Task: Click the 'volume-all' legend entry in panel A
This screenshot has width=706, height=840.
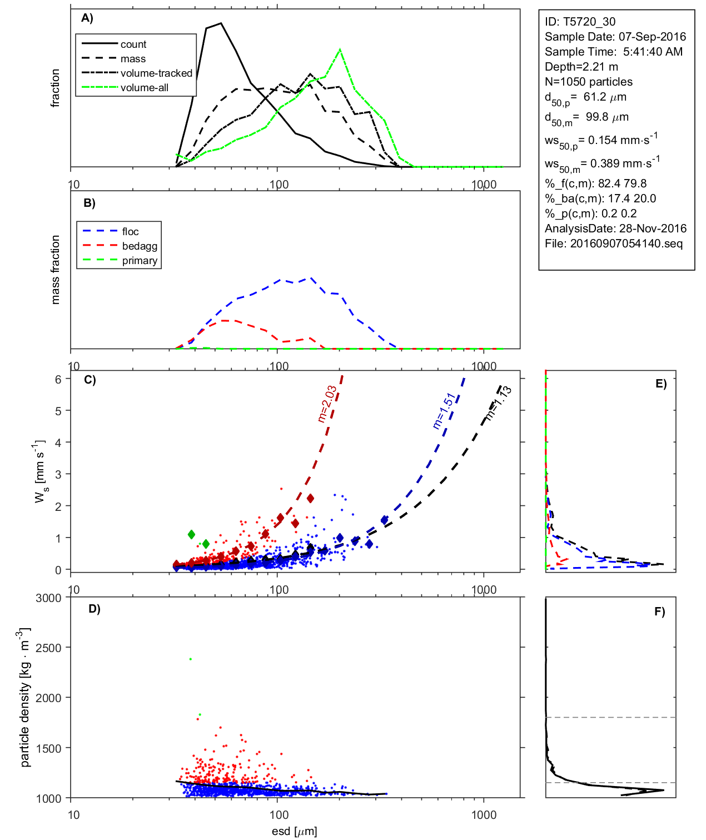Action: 144,88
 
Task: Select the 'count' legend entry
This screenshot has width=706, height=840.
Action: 133,44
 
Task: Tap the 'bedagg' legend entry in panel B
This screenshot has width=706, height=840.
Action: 140,246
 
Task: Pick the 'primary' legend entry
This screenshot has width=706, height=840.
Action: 140,261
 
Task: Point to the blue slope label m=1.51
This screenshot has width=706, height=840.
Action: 444,411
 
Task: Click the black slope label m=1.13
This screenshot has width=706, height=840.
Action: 498,402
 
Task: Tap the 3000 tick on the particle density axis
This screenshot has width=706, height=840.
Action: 48,598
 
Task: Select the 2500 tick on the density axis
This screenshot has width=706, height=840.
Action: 48,648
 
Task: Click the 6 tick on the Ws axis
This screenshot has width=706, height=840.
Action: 58,379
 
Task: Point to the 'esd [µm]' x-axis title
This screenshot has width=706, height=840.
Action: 294,831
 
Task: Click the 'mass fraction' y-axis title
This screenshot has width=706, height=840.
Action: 55,270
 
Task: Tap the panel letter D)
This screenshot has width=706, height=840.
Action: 95,609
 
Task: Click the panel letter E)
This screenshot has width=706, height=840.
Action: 660,384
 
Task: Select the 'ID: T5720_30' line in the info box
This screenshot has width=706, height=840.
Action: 580,22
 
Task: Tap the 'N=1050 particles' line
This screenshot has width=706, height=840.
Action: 588,82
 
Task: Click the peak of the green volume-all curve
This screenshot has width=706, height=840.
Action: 340,49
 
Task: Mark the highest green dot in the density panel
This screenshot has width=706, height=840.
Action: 191,659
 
